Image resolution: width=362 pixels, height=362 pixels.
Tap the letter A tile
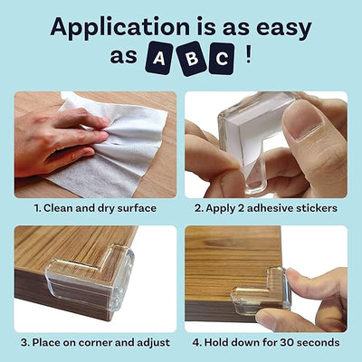pyautogui.click(x=159, y=59)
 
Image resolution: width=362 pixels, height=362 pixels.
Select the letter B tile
pyautogui.click(x=191, y=59)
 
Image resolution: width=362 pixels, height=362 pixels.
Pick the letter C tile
pyautogui.click(x=222, y=59)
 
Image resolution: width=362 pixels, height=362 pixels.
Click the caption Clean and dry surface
pyautogui.click(x=95, y=208)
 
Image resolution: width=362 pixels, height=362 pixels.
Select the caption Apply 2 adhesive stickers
pyautogui.click(x=266, y=208)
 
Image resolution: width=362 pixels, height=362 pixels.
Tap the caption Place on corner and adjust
pyautogui.click(x=95, y=343)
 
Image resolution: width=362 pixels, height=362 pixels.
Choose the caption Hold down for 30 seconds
pyautogui.click(x=266, y=343)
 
